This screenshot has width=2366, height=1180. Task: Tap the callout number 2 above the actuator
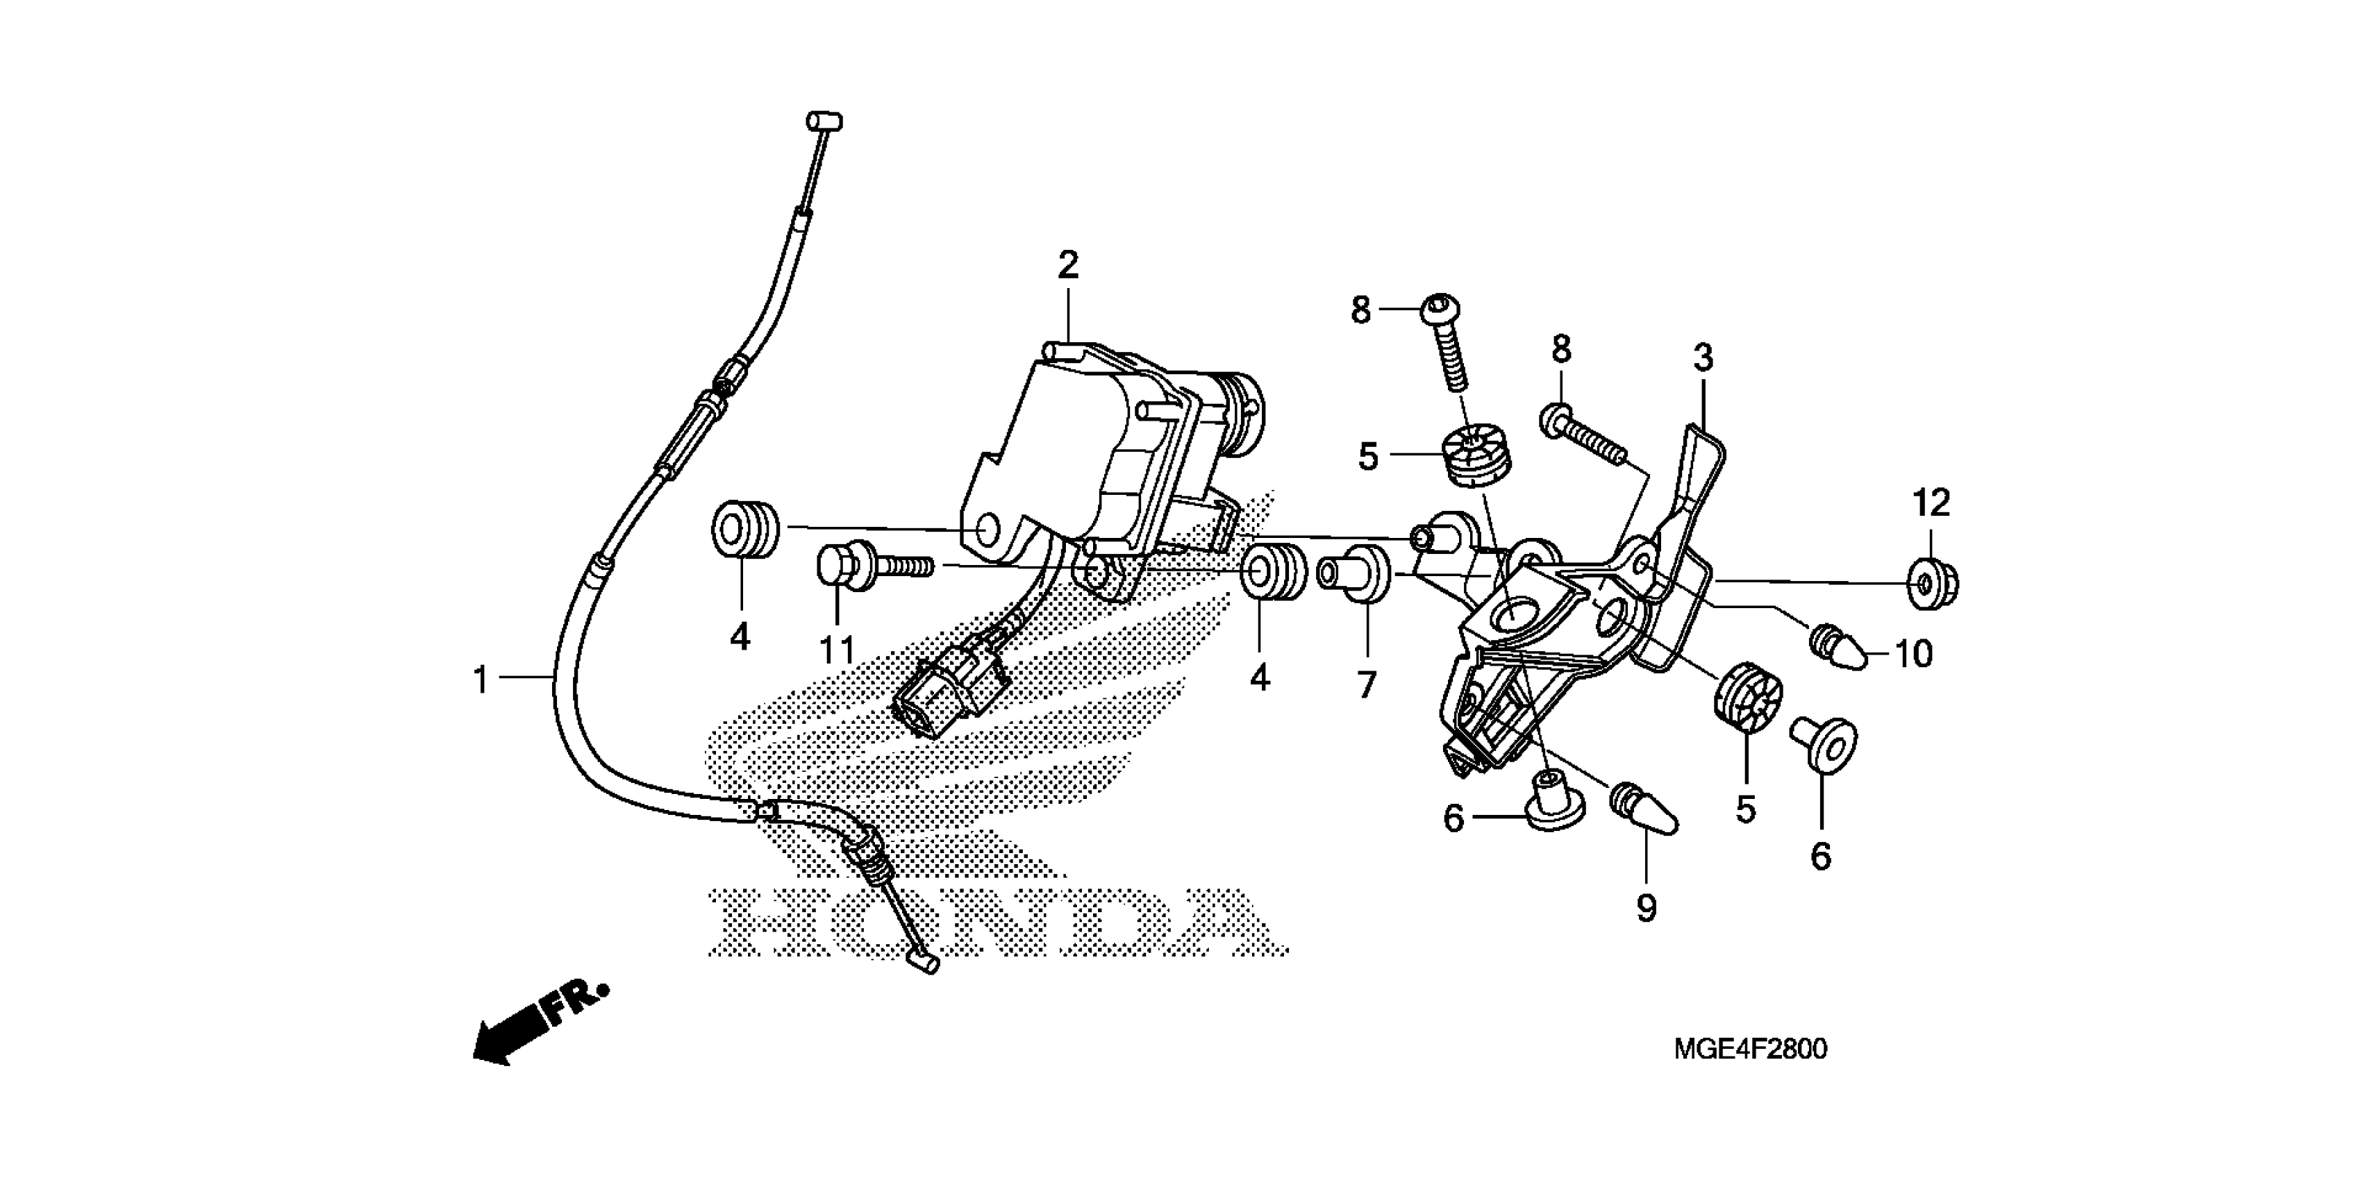click(1067, 265)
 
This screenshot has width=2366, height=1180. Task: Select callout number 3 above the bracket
click(1703, 358)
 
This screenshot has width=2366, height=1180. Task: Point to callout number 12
click(1931, 503)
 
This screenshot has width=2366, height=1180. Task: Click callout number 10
click(1914, 654)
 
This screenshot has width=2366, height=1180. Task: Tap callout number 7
click(1367, 684)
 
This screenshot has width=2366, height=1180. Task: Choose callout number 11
click(837, 650)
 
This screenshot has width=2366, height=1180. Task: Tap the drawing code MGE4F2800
click(1750, 1050)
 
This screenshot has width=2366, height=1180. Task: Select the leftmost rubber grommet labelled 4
click(746, 529)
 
